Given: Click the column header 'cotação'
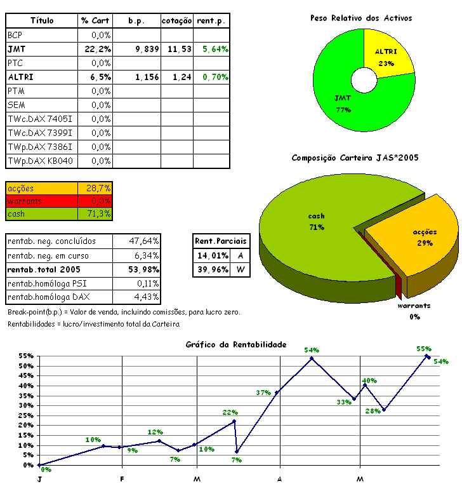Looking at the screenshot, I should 176,21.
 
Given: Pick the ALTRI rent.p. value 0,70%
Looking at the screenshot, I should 215,77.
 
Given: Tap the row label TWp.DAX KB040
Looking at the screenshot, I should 40,161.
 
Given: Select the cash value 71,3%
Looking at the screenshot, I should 99,214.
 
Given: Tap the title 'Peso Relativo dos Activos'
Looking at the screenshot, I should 360,18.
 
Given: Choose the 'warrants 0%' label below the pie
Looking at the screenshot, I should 414,311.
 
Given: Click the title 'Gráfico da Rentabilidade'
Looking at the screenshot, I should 236,344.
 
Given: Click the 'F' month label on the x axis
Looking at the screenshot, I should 122,478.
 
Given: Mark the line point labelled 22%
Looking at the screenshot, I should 234,421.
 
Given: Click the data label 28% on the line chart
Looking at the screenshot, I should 373,410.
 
